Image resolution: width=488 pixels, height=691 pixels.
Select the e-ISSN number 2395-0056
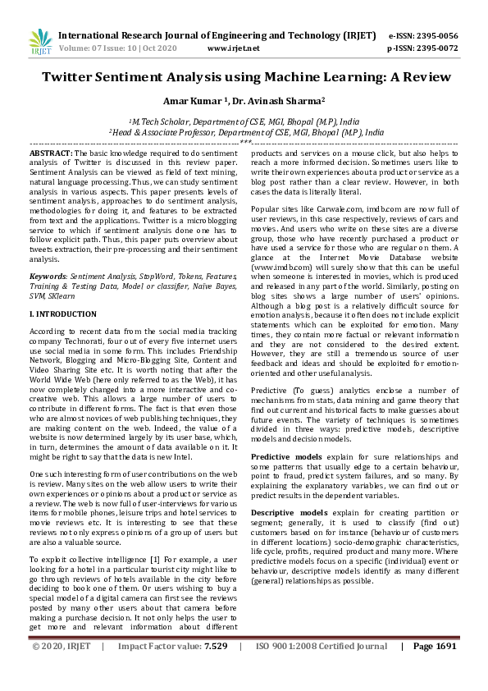[x=431, y=36]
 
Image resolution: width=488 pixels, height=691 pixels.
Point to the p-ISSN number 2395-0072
[x=431, y=48]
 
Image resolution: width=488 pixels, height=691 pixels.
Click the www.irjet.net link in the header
[x=234, y=48]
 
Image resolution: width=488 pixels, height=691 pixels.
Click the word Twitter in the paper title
[x=73, y=78]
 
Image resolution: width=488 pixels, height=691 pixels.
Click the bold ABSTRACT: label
[x=51, y=153]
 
